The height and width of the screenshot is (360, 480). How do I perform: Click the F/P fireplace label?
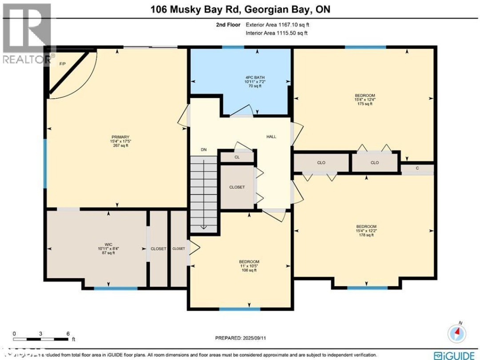63,64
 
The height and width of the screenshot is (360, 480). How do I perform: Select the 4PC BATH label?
242,77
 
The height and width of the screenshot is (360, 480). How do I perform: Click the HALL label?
271,136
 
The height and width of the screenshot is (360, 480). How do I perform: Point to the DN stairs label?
204,150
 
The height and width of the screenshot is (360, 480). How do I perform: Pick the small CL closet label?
237,157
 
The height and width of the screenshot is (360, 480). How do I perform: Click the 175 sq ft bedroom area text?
365,104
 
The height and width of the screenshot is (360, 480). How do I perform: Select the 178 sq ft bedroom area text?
366,235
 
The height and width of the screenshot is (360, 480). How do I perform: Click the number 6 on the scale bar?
68,333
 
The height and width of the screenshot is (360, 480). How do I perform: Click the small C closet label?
417,168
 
